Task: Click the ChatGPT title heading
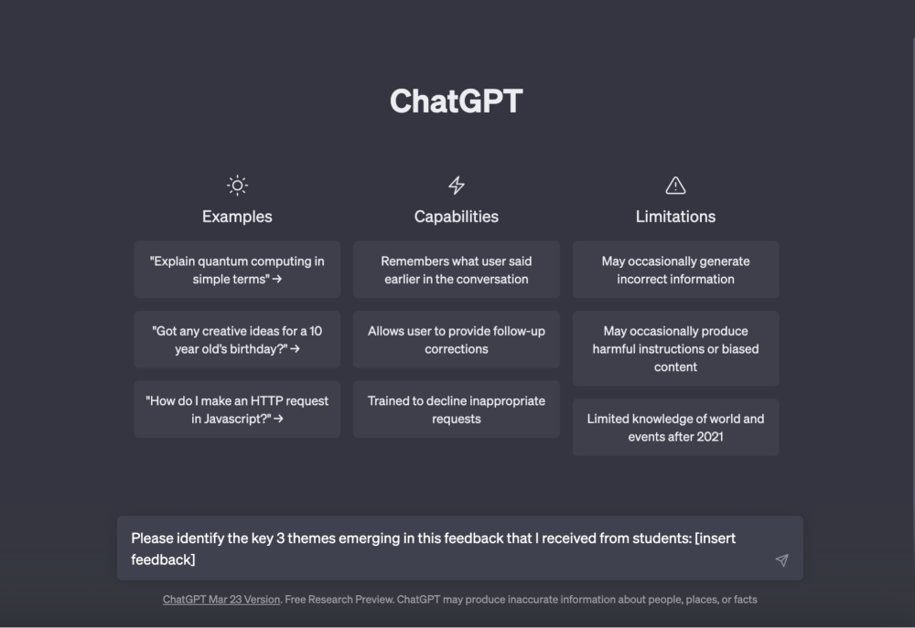tap(457, 101)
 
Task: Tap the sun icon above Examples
tap(237, 186)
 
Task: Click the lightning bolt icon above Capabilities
tap(457, 186)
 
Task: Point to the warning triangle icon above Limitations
tap(675, 186)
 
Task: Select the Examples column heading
tap(237, 217)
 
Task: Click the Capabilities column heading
tap(457, 217)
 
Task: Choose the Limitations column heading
tap(675, 217)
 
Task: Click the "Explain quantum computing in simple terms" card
tap(237, 270)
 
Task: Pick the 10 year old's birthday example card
tap(237, 339)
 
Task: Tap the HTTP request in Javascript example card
tap(237, 410)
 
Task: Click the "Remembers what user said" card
tap(457, 270)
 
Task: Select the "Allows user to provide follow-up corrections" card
tap(457, 339)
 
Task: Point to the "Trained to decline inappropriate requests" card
tap(457, 410)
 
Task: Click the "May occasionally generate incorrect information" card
tap(675, 270)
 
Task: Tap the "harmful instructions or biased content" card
tap(675, 348)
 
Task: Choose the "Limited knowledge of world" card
tap(675, 428)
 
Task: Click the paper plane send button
tap(782, 560)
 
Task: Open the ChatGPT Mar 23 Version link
tap(221, 600)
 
